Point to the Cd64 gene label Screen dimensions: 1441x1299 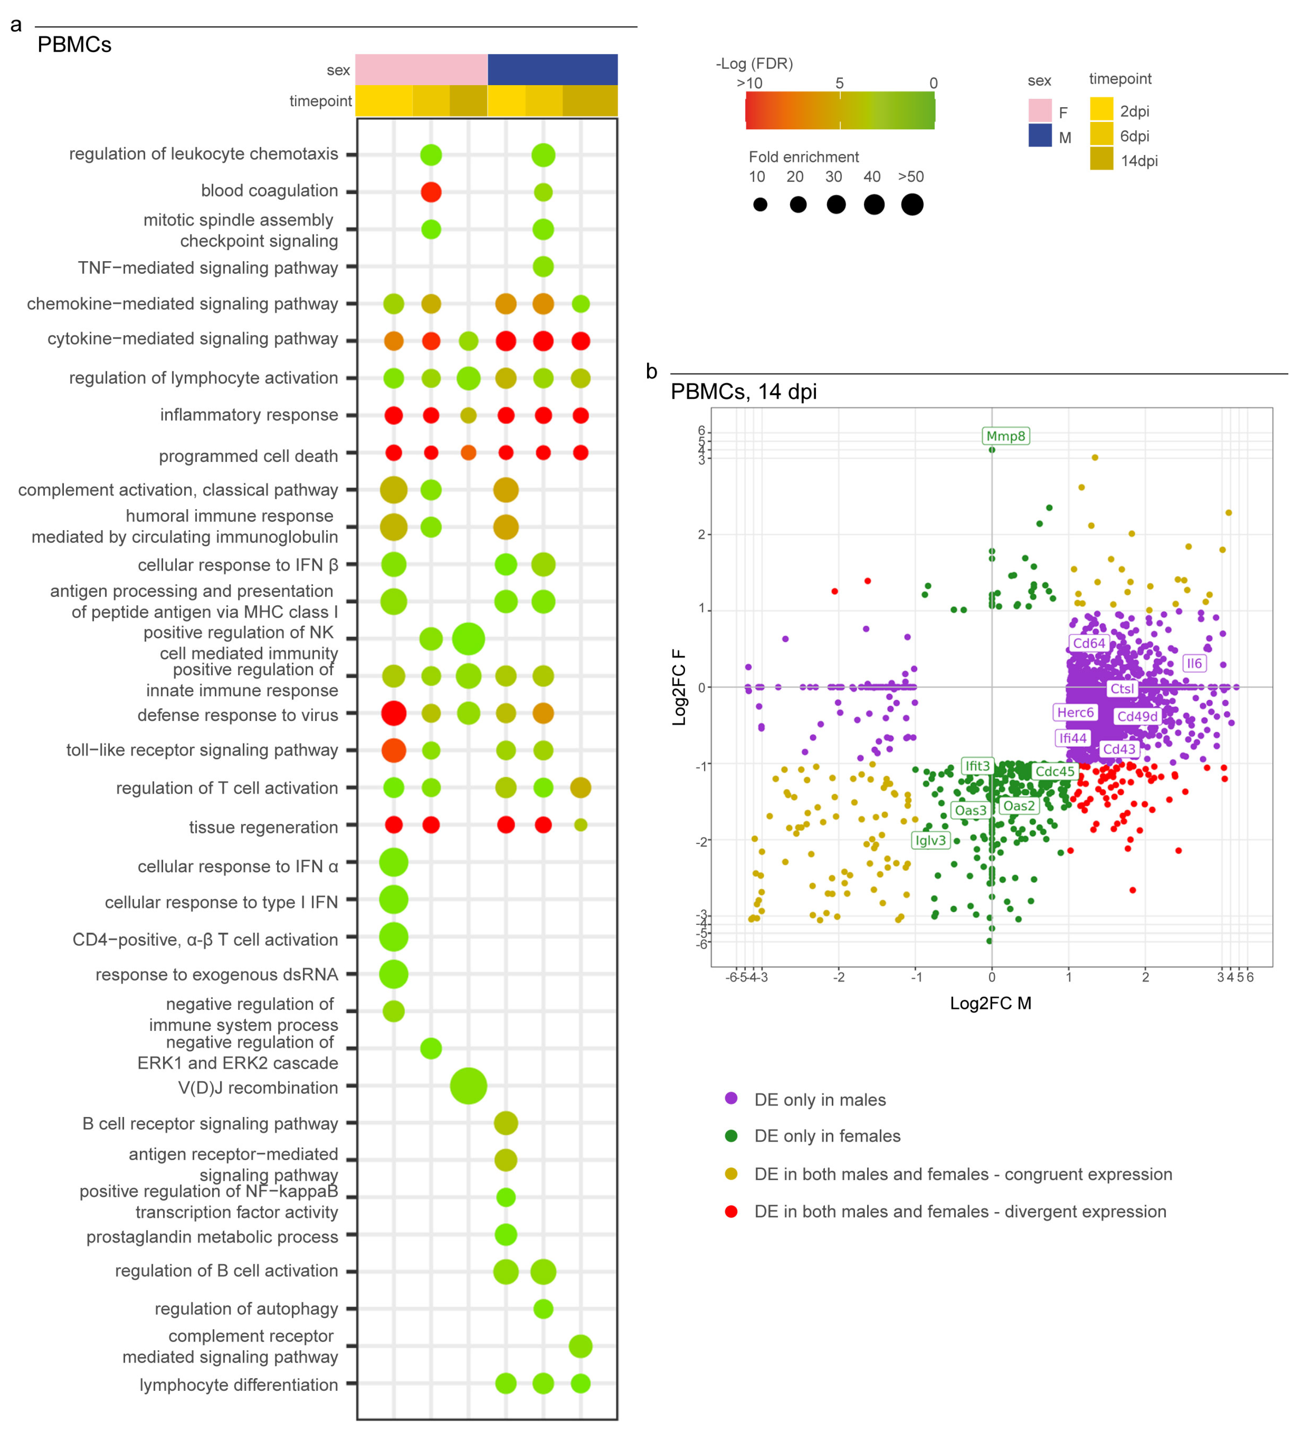pos(1088,643)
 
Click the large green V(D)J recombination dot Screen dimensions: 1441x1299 pos(468,1086)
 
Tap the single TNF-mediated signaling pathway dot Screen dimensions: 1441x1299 pos(543,267)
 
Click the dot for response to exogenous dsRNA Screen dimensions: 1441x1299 pos(393,974)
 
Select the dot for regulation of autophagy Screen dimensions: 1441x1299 pos(543,1309)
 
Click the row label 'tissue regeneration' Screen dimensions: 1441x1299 pos(263,827)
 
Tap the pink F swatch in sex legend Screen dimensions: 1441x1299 pos(1039,111)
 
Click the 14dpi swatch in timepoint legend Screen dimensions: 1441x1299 pos(1101,159)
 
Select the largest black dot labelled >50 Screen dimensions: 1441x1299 pos(912,205)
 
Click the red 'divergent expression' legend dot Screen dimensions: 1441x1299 pos(731,1212)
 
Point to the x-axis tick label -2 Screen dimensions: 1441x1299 pos(839,977)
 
